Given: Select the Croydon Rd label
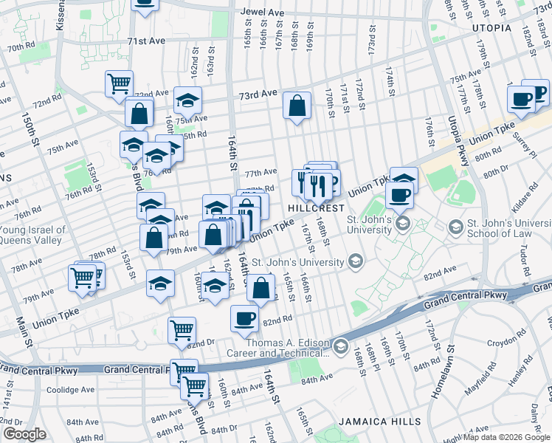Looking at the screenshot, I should (x=505, y=343).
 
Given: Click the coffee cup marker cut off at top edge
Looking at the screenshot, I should (x=145, y=4).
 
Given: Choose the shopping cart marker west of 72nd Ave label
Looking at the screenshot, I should (x=118, y=83).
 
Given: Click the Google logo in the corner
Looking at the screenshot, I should (x=25, y=434).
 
